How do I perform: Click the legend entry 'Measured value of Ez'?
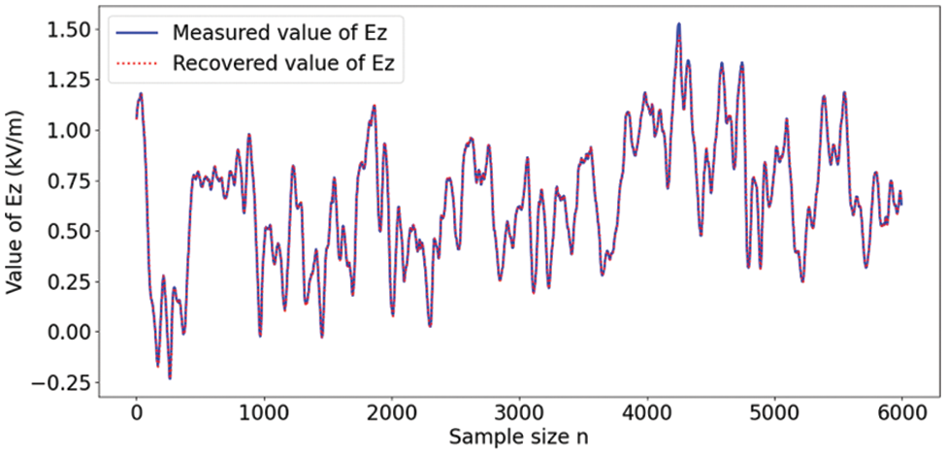286,33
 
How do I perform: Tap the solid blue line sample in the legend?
137,33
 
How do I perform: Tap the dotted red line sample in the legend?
137,65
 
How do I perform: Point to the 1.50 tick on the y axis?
69,30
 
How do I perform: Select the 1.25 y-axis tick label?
69,81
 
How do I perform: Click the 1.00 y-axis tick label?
69,131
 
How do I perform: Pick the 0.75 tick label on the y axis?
69,181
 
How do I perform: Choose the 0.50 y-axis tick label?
69,231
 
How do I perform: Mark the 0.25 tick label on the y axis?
69,281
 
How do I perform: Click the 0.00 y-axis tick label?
69,332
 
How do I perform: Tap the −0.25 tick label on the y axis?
62,382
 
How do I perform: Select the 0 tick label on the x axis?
136,414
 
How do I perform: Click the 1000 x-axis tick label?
264,414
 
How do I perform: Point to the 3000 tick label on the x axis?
519,414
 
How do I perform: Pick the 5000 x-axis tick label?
774,414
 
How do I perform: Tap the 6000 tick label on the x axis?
901,414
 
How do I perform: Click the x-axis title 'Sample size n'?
518,438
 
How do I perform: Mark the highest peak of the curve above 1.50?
678,24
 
